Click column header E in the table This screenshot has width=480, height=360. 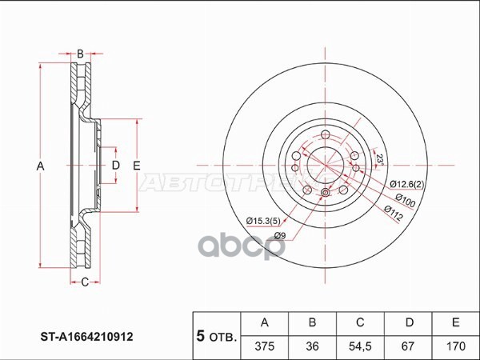(455, 322)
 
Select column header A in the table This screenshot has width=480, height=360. (265, 322)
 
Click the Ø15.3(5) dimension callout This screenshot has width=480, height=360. (262, 220)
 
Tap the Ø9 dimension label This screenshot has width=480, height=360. (280, 235)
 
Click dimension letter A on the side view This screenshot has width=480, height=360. (40, 166)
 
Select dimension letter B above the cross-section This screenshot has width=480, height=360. (80, 54)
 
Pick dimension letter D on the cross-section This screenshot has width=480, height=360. (115, 166)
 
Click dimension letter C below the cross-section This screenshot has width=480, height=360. (84, 282)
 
